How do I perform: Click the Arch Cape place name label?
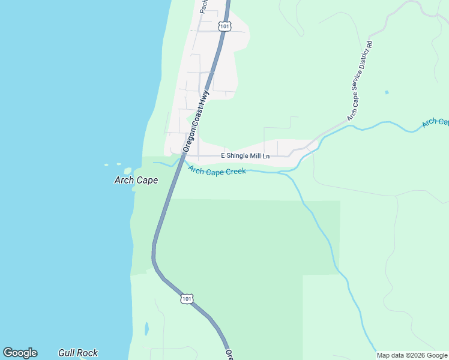coord(136,180)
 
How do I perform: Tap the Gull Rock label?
coord(78,353)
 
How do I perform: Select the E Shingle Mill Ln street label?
coord(246,156)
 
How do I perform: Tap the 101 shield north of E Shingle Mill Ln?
coord(224,26)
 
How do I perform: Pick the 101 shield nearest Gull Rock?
coord(187,298)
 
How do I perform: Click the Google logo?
coord(20,353)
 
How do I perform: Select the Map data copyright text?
coord(412,355)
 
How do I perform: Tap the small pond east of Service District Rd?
coord(386,92)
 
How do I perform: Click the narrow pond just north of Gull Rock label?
coord(146,329)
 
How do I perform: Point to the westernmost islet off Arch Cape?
coord(106,165)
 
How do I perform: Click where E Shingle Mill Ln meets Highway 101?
coord(184,155)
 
